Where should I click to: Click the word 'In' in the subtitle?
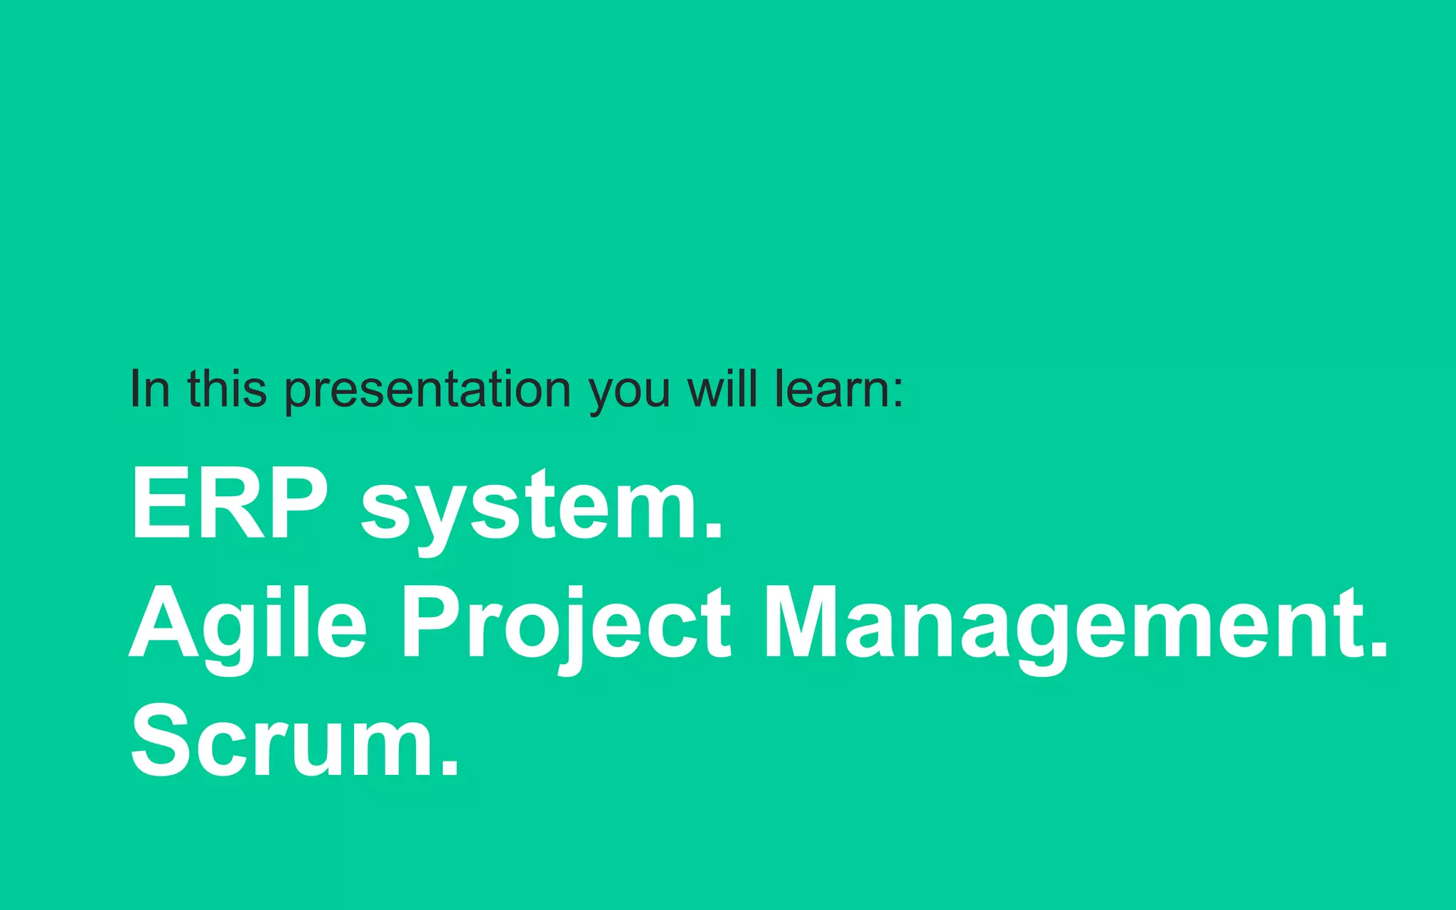point(150,389)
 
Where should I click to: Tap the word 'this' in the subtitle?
point(227,389)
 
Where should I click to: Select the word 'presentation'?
point(427,390)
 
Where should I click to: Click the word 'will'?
point(722,389)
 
